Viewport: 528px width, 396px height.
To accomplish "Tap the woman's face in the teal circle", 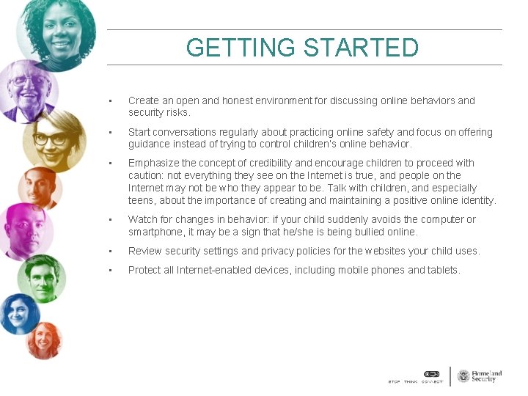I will point(57,29).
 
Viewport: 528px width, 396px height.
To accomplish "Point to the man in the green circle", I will point(42,276).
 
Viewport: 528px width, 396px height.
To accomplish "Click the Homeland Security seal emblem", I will point(463,376).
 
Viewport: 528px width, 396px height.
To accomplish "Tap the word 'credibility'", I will point(270,163).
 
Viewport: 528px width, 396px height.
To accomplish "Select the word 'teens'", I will point(142,200).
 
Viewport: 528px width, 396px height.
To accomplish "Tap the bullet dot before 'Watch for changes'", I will point(109,220).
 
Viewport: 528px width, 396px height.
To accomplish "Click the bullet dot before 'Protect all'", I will point(109,271).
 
